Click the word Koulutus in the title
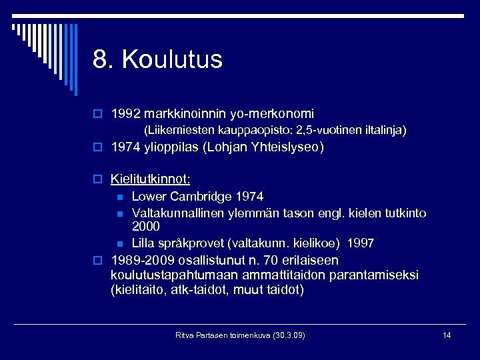tap(172, 59)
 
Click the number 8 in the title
tap(101, 59)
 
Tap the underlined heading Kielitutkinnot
tap(150, 179)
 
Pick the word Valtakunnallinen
tap(178, 213)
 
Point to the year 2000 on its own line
tap(146, 227)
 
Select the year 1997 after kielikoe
tap(360, 243)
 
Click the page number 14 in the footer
tap(447, 335)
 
